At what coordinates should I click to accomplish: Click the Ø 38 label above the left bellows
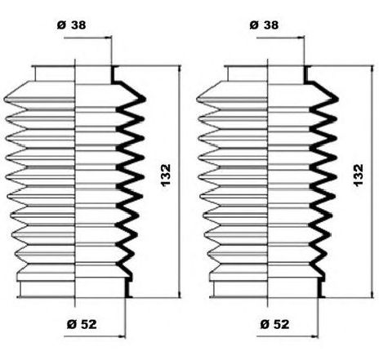coord(72,25)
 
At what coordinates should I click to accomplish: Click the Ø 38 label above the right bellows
coord(264,25)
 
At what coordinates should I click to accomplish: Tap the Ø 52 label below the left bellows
coord(82,324)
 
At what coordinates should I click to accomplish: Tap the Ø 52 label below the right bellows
coord(274,324)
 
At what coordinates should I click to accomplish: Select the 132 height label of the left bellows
coord(166,175)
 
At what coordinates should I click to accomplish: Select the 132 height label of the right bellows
coord(359,175)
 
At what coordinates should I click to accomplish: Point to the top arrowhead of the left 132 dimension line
coord(179,69)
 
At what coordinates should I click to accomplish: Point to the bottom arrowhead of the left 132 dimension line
coord(179,294)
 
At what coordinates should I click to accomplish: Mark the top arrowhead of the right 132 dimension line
coord(372,69)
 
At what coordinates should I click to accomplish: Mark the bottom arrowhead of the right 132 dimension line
coord(372,294)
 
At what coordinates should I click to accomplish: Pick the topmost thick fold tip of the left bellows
coord(145,100)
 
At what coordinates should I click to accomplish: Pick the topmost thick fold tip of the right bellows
coord(337,100)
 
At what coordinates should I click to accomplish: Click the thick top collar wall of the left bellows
coord(112,74)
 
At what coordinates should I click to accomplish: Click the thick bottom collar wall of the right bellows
coord(319,289)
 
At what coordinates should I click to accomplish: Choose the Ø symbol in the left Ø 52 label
coord(71,324)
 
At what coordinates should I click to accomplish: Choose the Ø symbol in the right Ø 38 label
coord(254,25)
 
